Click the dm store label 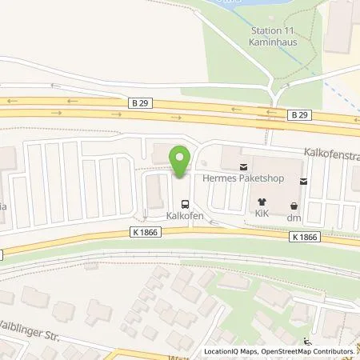tap(294, 216)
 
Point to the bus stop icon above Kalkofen tap(186, 204)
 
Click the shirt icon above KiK tap(261, 202)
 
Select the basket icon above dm tap(294, 203)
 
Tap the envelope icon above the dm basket tap(302, 182)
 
